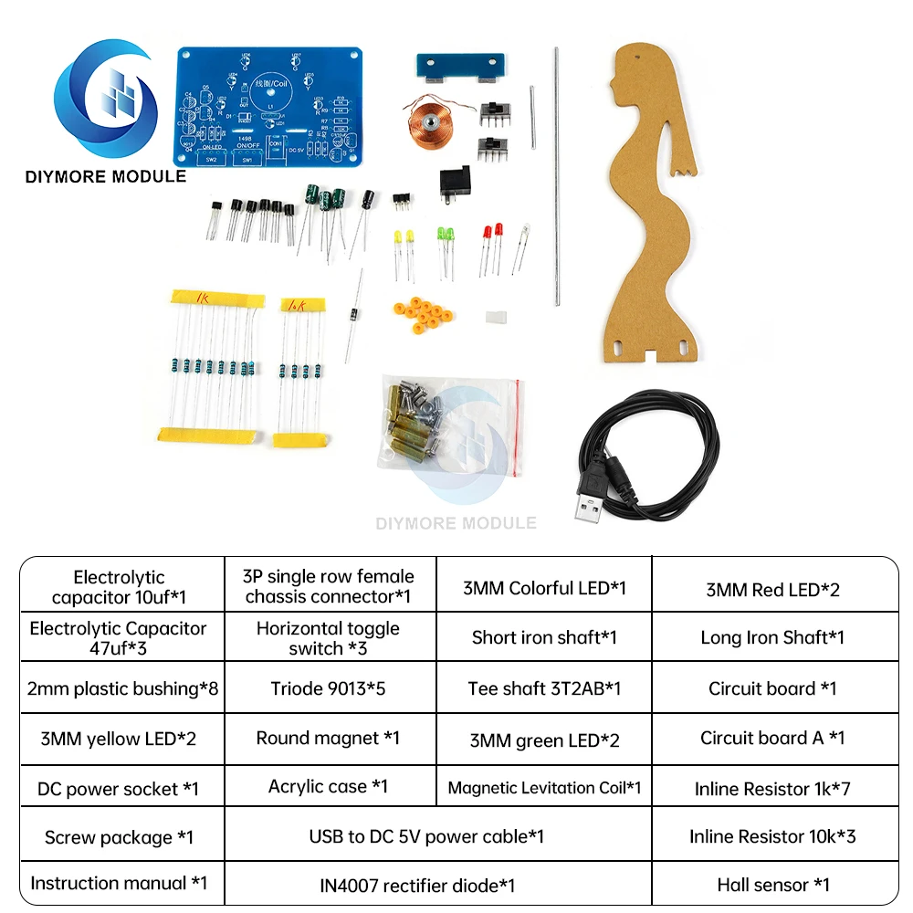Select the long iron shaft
point(555,173)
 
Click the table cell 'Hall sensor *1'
point(773,884)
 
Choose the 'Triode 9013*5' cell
point(328,687)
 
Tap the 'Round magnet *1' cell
point(328,738)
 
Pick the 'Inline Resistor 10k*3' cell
point(773,835)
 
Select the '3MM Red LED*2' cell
point(773,589)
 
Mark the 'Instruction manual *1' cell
point(119,883)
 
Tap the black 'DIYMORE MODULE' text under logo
point(105,176)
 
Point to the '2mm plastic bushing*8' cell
point(119,687)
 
